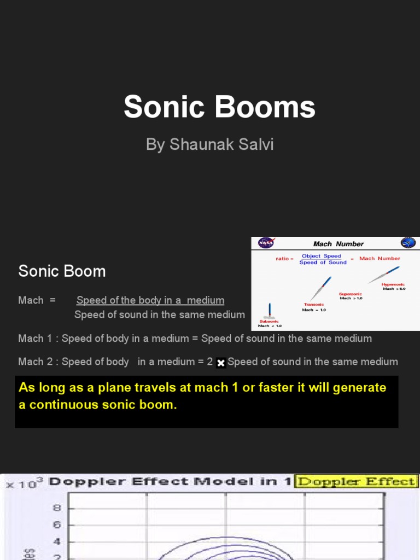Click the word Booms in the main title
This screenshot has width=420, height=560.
(269, 107)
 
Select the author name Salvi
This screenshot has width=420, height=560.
(255, 144)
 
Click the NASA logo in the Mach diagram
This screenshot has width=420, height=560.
(266, 243)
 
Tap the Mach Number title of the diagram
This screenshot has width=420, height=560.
(338, 244)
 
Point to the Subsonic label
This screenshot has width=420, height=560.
(269, 322)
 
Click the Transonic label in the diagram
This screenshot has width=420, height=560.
(314, 305)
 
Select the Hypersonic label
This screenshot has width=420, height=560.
(393, 284)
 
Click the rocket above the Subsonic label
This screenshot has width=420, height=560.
(269, 310)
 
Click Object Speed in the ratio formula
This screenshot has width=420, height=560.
(321, 256)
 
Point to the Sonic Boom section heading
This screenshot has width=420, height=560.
(62, 271)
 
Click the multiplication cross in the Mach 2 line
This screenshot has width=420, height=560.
(221, 363)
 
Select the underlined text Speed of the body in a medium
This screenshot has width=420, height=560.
(150, 300)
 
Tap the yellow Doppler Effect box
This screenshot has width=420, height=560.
(356, 482)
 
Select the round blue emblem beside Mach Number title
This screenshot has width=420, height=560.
(408, 243)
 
